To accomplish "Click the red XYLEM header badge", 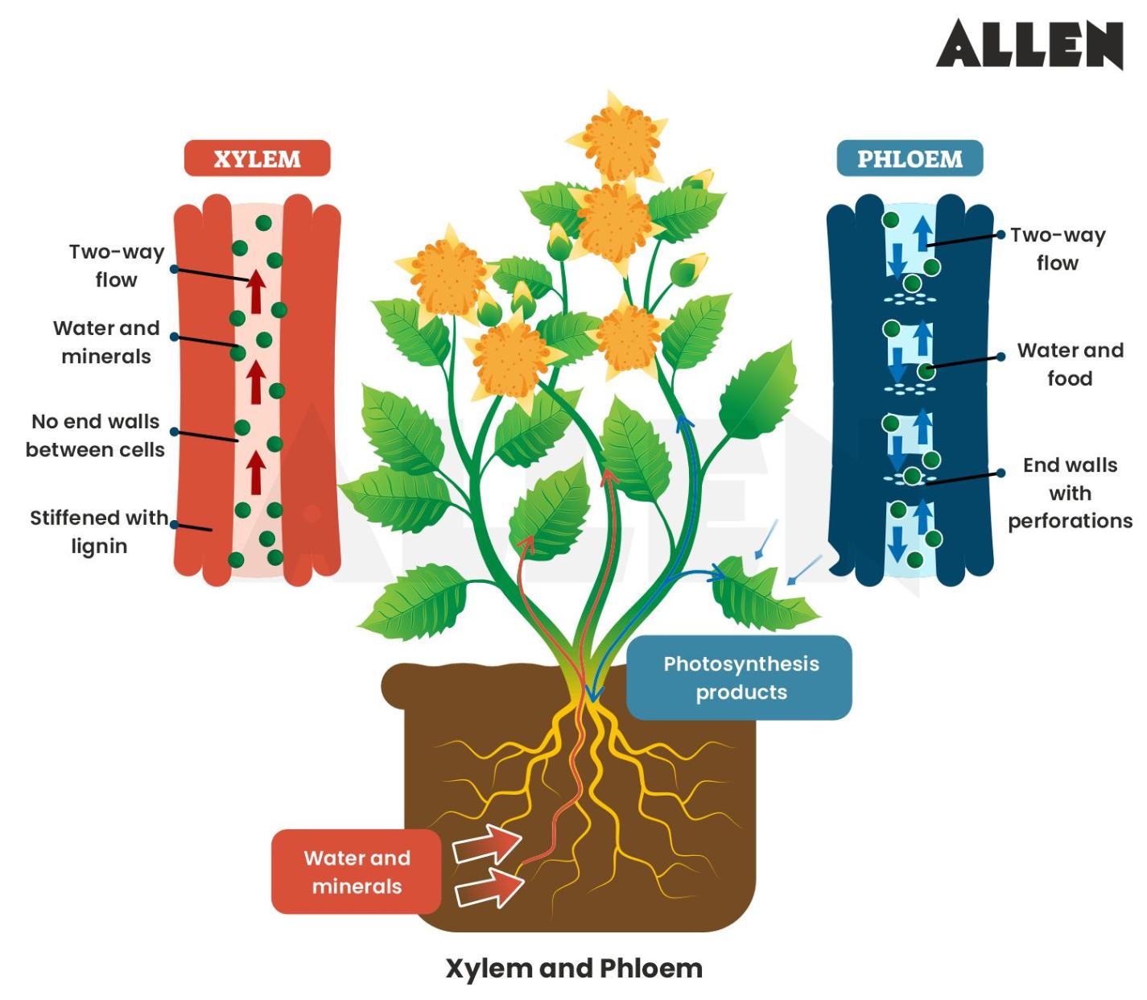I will [x=257, y=159].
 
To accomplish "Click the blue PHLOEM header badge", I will [x=910, y=159].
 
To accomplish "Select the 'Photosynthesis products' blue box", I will [x=740, y=678].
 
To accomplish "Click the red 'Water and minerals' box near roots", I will [x=356, y=872].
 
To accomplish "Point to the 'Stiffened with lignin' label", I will [x=99, y=531].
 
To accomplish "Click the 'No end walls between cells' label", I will [x=95, y=436].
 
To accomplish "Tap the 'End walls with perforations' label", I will [x=1070, y=493].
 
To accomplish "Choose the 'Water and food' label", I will [x=1070, y=364].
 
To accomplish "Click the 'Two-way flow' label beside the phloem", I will [x=1057, y=249].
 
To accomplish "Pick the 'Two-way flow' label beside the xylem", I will [x=117, y=266].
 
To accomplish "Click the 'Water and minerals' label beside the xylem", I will [x=106, y=342].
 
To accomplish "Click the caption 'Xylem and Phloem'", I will [x=574, y=968].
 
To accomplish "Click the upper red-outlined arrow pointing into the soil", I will [x=487, y=846].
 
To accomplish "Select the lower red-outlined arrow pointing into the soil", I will [x=489, y=888].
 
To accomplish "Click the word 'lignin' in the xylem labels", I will [x=99, y=546].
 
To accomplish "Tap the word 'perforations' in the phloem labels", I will [x=1070, y=521].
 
